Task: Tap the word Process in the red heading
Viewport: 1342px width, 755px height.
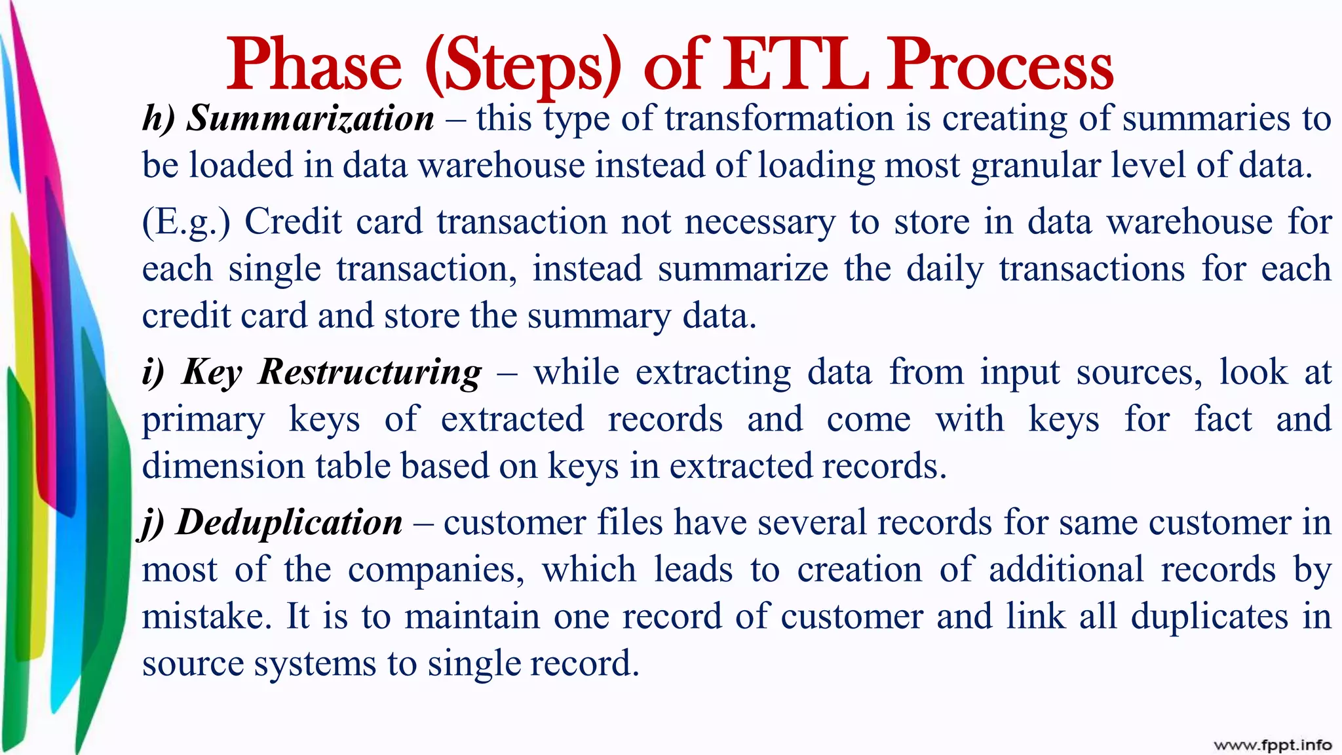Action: [1001, 66]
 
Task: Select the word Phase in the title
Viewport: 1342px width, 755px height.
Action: [314, 66]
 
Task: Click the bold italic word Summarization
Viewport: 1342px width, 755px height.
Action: [310, 119]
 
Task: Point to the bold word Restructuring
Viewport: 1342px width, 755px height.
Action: [370, 372]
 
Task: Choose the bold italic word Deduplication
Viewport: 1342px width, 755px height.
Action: [290, 522]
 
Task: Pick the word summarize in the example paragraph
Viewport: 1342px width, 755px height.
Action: [743, 269]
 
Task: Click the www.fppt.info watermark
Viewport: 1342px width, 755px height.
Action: [1272, 745]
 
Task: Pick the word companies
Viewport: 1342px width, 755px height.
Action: [436, 570]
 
